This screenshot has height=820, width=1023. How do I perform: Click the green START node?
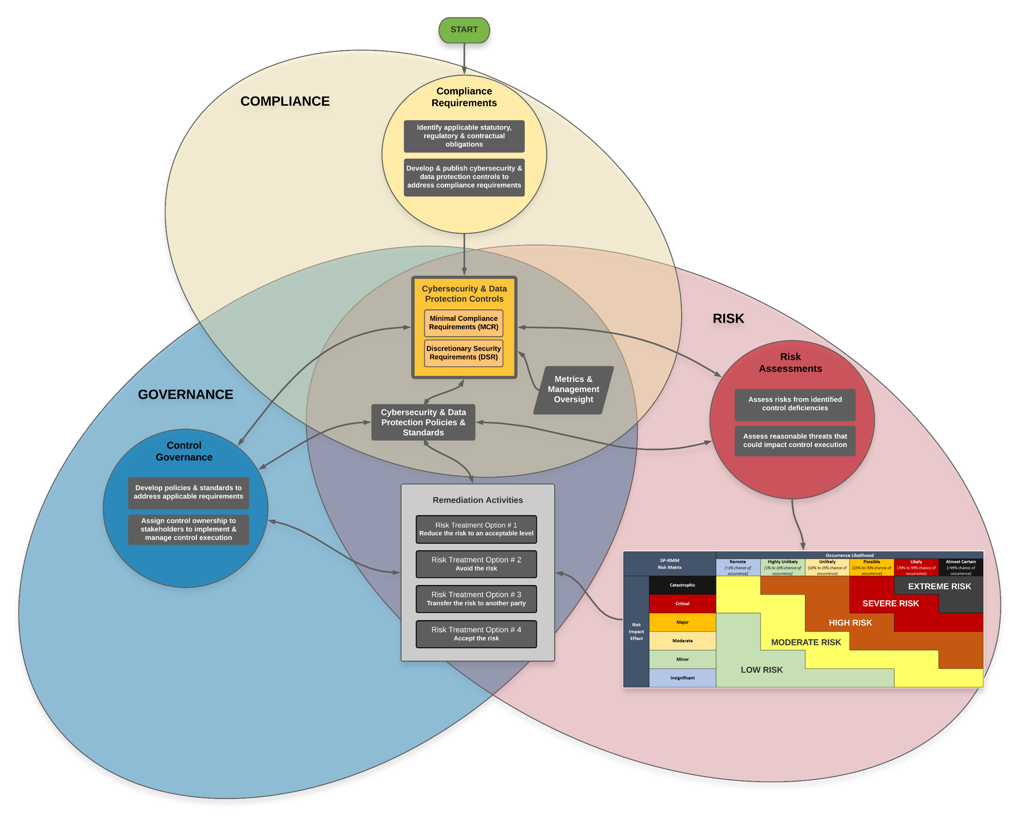coord(464,30)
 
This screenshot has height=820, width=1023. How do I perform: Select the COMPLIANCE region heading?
coord(285,101)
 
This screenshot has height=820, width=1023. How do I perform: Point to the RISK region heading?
coord(728,318)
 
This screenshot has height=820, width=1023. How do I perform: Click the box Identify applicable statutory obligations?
coord(464,136)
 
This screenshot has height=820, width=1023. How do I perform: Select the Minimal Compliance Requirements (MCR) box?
coord(463,323)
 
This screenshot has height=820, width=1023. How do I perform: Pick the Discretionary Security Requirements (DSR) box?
coord(463,353)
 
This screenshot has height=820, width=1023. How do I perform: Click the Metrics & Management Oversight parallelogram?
coord(573,389)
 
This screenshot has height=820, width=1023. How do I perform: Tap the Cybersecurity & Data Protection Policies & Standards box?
coord(423,422)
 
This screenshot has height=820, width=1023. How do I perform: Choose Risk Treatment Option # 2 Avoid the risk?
coord(476,564)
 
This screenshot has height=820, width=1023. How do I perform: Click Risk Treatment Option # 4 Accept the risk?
coord(476,634)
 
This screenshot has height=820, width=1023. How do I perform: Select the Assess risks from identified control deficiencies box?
coord(795,404)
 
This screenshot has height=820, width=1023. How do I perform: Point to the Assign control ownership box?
coord(188,529)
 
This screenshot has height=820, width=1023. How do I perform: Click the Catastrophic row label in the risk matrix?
coord(682,585)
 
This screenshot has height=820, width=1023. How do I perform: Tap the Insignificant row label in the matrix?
coord(682,678)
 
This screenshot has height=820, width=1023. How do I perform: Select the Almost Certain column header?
coord(961,567)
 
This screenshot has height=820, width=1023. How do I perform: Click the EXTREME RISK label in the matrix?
coord(939,587)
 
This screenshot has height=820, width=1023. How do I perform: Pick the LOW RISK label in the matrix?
coord(762,670)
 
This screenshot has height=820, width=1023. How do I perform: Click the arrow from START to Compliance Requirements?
coord(464,59)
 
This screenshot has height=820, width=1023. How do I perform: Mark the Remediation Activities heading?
coord(477,500)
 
